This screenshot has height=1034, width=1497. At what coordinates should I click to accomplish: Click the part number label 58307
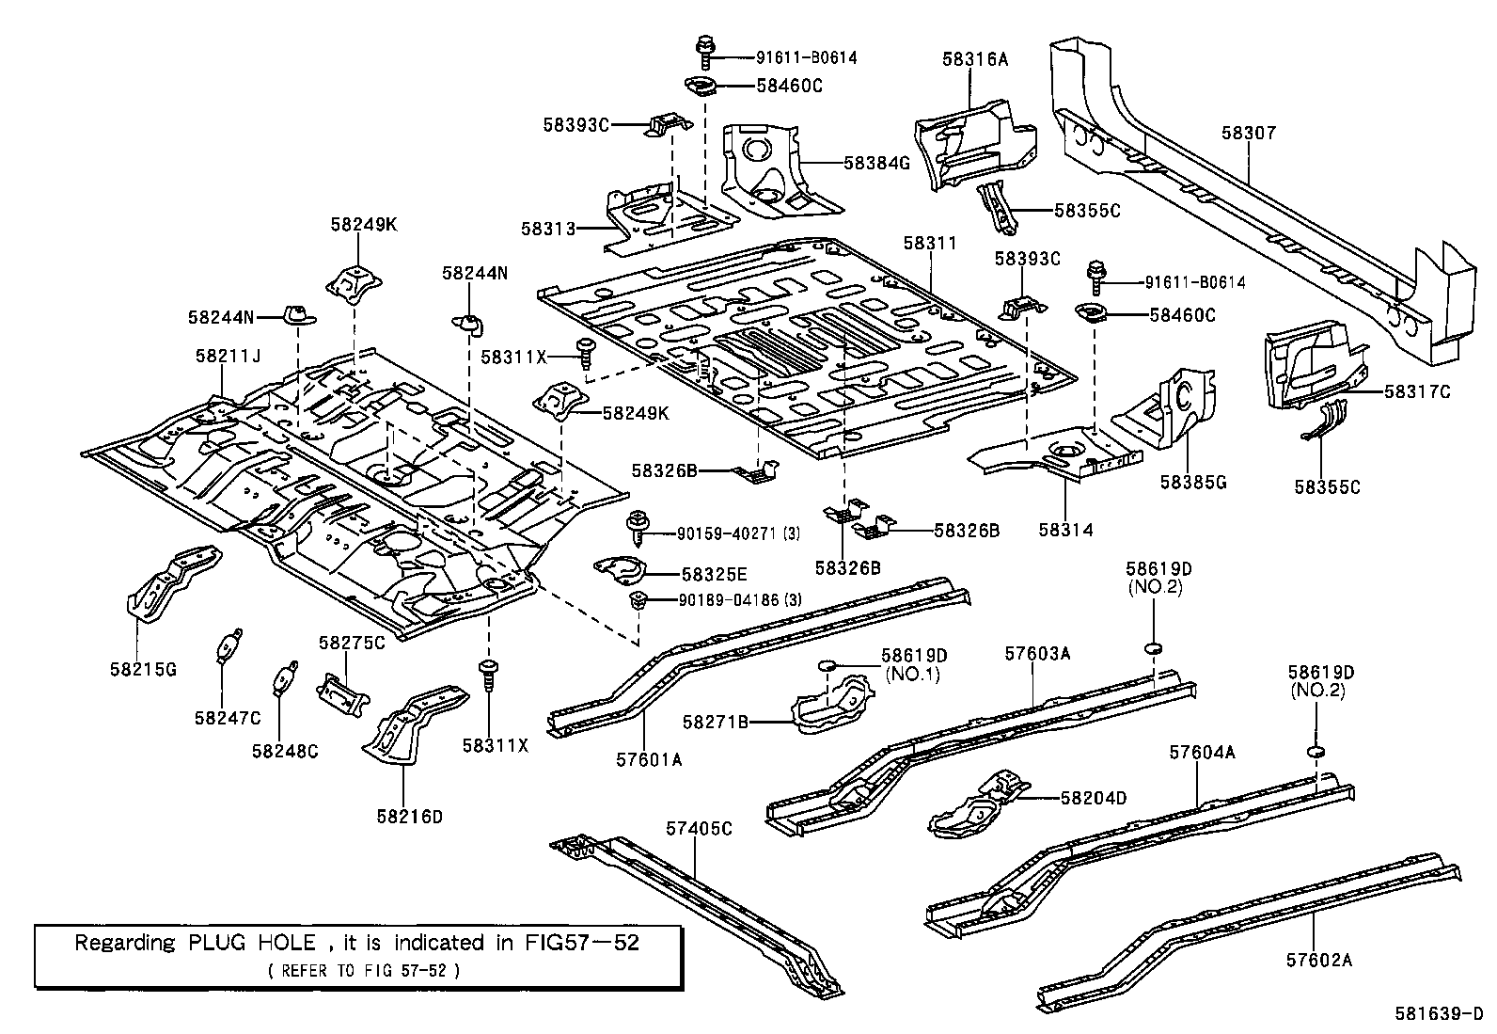pyautogui.click(x=1249, y=133)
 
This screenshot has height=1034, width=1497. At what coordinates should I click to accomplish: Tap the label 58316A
pyautogui.click(x=974, y=59)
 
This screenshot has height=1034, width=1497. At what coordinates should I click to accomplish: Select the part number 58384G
pyautogui.click(x=876, y=163)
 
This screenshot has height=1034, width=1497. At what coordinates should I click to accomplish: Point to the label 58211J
pyautogui.click(x=228, y=357)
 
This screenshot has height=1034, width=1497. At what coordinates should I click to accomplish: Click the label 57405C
pyautogui.click(x=698, y=828)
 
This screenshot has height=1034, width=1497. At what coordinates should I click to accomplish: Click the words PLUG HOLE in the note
pyautogui.click(x=251, y=942)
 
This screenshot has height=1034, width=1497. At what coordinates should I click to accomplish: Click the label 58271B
pyautogui.click(x=715, y=722)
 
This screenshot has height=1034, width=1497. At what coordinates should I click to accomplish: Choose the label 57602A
pyautogui.click(x=1318, y=960)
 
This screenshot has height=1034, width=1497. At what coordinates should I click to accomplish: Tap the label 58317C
pyautogui.click(x=1416, y=391)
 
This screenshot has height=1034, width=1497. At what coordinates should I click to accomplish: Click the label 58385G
pyautogui.click(x=1192, y=482)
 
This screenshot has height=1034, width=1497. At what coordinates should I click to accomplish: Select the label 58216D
pyautogui.click(x=409, y=816)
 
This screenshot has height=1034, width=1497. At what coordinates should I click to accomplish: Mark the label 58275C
pyautogui.click(x=352, y=643)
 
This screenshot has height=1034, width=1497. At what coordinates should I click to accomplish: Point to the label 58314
pyautogui.click(x=1065, y=530)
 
